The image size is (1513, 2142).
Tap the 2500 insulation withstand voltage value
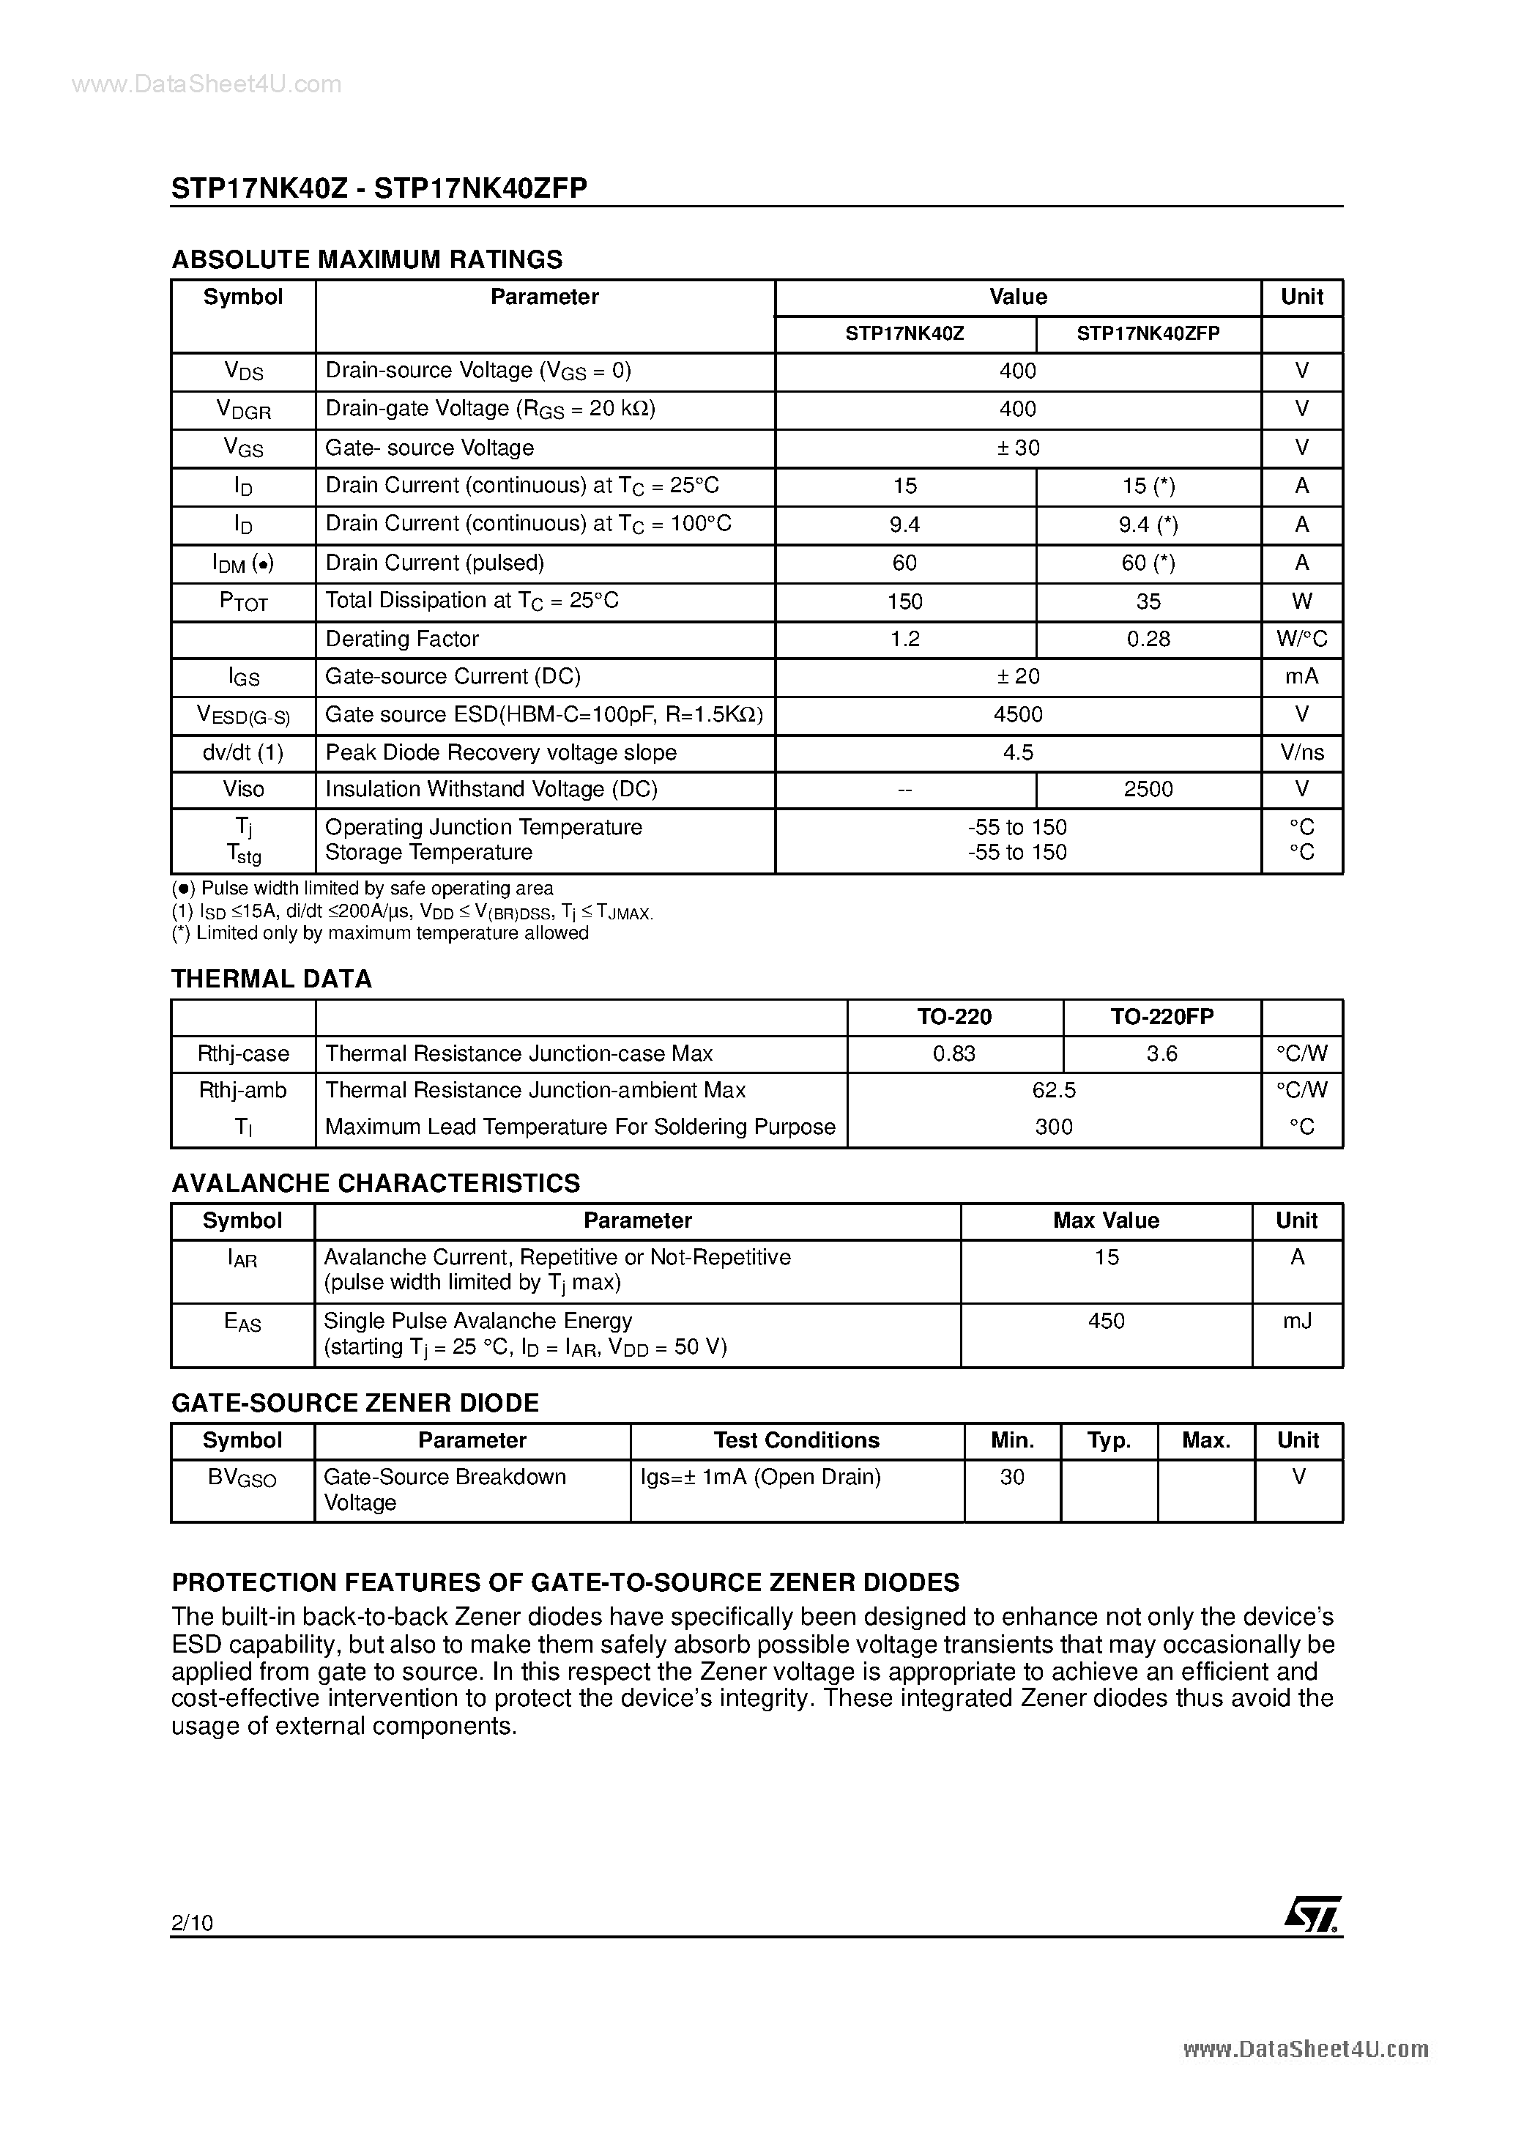point(1148,789)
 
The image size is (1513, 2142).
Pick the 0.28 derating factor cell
point(1148,639)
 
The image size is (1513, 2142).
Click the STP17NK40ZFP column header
point(1148,333)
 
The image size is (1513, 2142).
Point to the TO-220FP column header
point(1161,1016)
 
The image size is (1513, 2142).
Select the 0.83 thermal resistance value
point(953,1053)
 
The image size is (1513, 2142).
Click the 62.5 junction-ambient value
point(1053,1089)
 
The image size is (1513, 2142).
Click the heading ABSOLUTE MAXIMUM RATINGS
point(367,259)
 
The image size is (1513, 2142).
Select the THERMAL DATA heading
point(272,979)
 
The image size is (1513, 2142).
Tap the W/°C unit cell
point(1301,639)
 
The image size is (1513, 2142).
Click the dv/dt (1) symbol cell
point(242,752)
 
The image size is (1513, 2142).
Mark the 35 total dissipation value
point(1148,601)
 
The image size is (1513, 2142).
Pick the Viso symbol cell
point(242,789)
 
